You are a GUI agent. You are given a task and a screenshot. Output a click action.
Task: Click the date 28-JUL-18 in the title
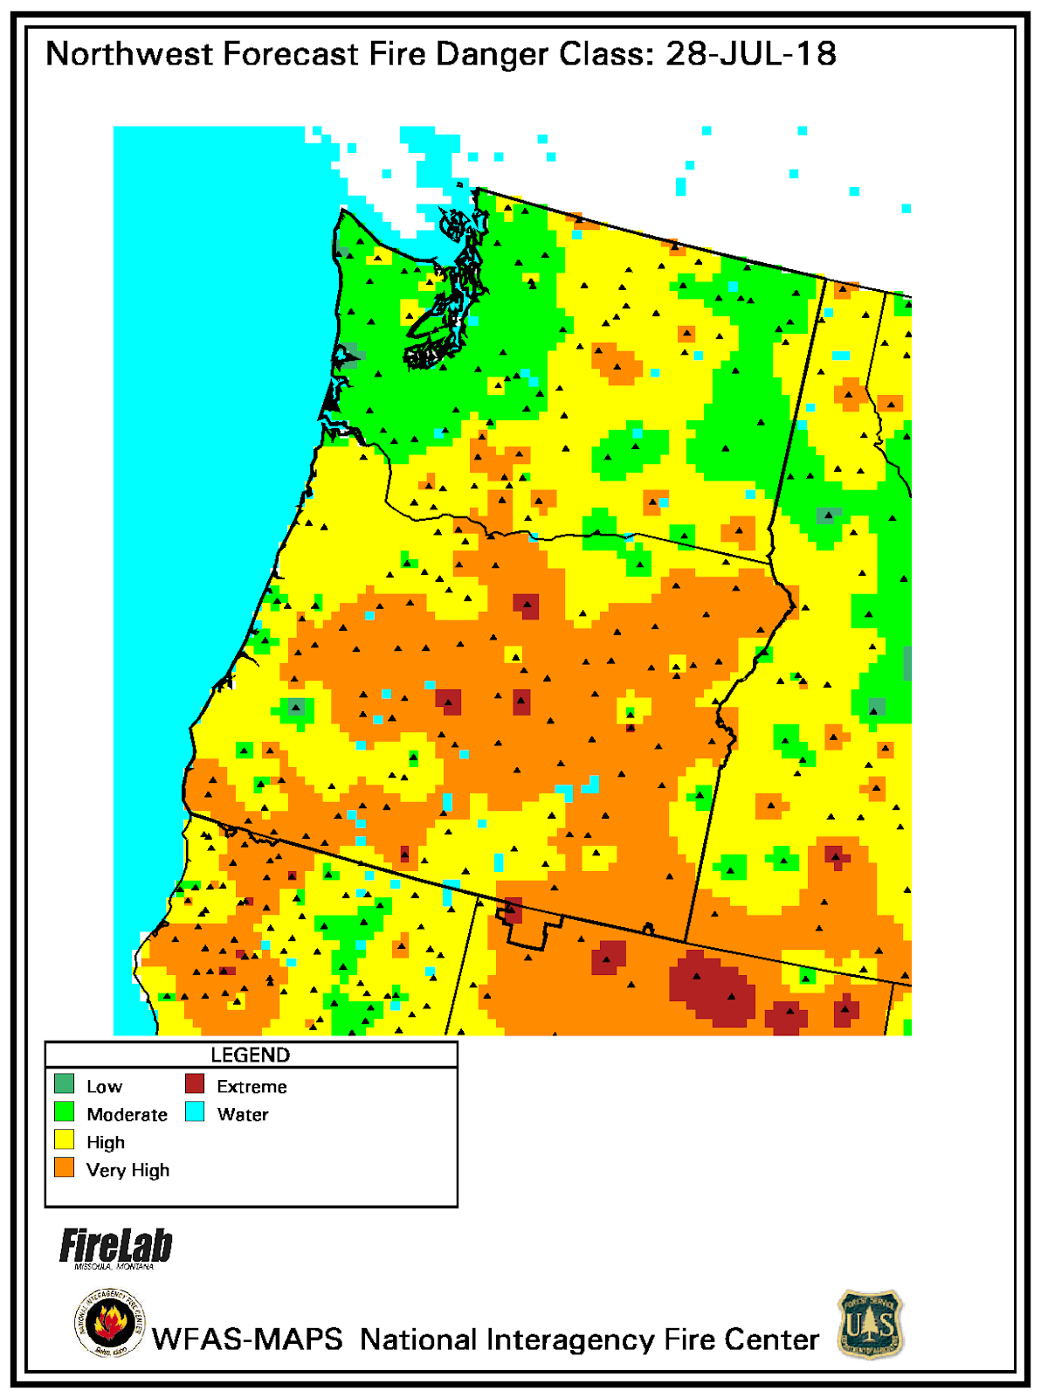pyautogui.click(x=750, y=54)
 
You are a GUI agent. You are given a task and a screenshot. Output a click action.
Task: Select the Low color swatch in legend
pyautogui.click(x=64, y=1084)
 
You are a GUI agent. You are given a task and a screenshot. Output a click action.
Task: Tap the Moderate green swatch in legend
pyautogui.click(x=64, y=1112)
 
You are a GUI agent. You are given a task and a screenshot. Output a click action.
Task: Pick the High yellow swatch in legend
pyautogui.click(x=64, y=1140)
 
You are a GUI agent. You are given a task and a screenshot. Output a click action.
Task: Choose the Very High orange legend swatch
pyautogui.click(x=64, y=1168)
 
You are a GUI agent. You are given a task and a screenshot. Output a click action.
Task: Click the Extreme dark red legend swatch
pyautogui.click(x=195, y=1084)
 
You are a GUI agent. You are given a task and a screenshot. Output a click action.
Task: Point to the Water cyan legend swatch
pyautogui.click(x=195, y=1112)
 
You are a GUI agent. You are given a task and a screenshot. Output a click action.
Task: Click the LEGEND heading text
pyautogui.click(x=251, y=1055)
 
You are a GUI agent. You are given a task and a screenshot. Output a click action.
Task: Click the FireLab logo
pyautogui.click(x=115, y=1247)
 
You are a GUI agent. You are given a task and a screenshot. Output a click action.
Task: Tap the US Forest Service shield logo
pyautogui.click(x=871, y=1324)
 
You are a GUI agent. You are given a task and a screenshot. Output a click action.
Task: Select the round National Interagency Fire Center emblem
pyautogui.click(x=110, y=1324)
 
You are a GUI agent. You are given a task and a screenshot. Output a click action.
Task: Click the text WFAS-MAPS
pyautogui.click(x=247, y=1339)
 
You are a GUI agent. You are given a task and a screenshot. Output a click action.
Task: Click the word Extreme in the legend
pyautogui.click(x=252, y=1086)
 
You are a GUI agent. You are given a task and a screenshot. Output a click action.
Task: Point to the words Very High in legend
pyautogui.click(x=128, y=1170)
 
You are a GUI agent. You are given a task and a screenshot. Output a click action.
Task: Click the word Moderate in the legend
pyautogui.click(x=127, y=1114)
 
